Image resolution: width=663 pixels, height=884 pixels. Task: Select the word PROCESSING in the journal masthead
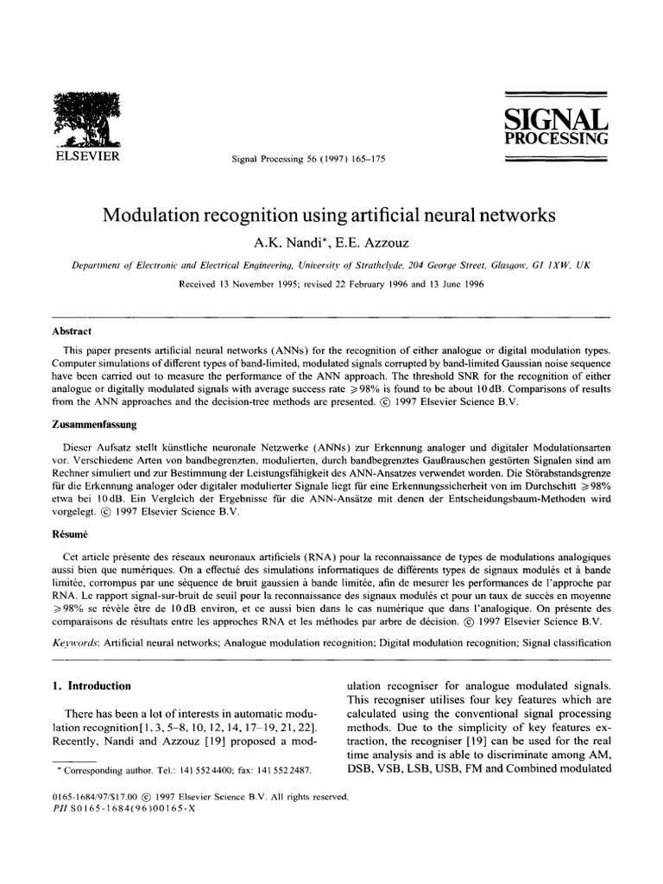click(x=556, y=138)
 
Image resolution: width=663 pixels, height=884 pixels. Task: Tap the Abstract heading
click(x=73, y=331)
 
